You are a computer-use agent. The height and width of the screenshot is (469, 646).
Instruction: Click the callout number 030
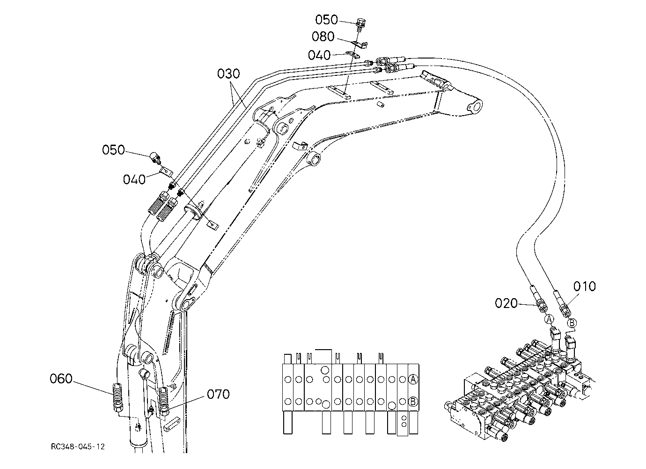(228, 74)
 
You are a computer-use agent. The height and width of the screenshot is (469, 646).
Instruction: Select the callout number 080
(323, 37)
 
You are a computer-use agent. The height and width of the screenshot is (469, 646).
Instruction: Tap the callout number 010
(584, 286)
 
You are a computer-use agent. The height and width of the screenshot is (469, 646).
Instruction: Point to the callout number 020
(506, 303)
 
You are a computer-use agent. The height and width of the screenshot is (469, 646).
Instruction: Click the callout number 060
(61, 379)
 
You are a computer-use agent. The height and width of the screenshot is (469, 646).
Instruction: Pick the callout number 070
(218, 394)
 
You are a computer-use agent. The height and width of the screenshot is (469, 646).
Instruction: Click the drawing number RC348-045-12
(78, 447)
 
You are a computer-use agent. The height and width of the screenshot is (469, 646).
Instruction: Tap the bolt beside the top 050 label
(360, 24)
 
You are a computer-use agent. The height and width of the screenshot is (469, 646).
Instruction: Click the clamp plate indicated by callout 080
(361, 44)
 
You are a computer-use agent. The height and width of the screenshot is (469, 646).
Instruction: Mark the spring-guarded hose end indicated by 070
(164, 401)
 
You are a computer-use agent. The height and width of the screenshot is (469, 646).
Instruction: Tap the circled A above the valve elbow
(550, 319)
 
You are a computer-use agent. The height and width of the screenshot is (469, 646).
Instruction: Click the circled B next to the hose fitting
(572, 322)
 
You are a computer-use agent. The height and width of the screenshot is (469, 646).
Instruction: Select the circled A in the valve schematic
(413, 380)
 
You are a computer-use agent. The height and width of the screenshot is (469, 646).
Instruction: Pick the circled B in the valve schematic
(413, 401)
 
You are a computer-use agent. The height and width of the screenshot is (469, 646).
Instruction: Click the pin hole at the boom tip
(475, 107)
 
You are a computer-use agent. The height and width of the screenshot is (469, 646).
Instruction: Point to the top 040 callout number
(319, 55)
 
